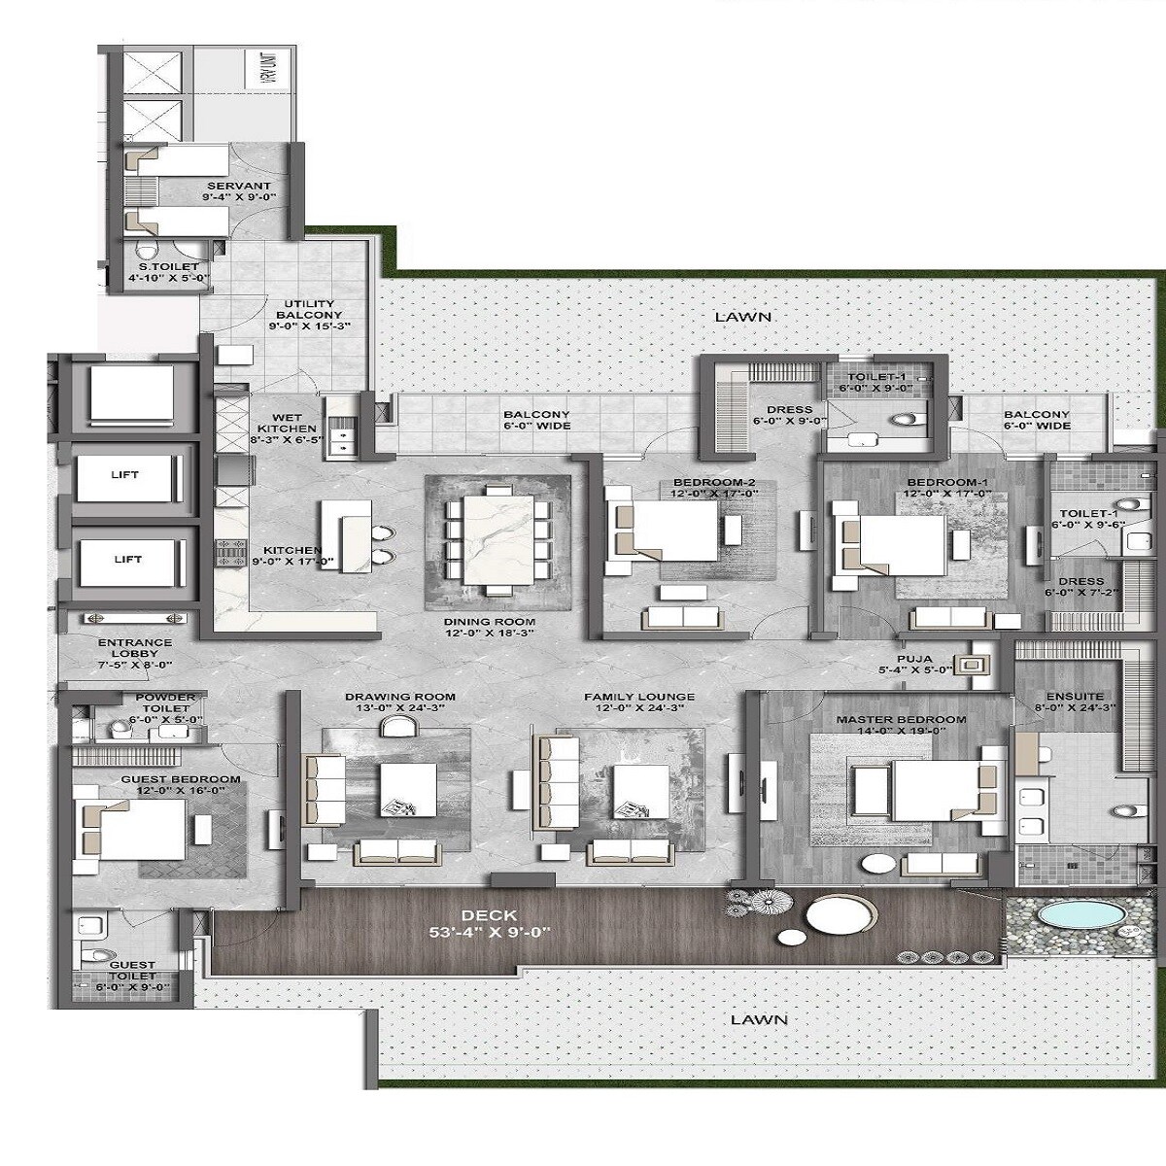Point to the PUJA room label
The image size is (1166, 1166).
coord(909,658)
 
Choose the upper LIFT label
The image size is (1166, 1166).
coord(125,475)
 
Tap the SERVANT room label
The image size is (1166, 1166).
coord(238,186)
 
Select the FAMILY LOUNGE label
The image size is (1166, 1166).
coord(638,697)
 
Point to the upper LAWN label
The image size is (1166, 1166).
coord(742,317)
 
